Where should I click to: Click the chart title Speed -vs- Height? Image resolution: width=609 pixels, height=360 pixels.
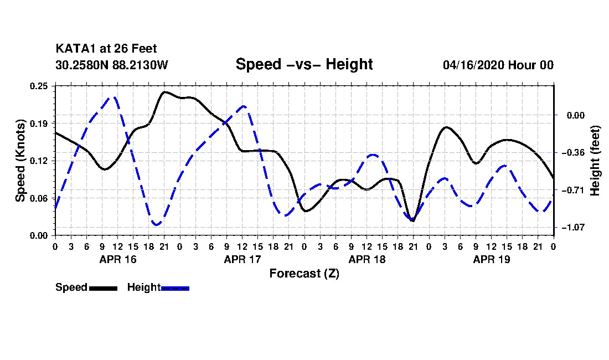[x=304, y=64]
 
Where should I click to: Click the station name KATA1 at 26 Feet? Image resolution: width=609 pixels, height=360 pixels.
[x=106, y=49]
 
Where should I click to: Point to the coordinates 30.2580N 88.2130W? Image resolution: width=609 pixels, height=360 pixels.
[x=111, y=65]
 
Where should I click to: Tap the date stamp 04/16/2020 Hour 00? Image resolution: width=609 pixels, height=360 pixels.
[x=498, y=65]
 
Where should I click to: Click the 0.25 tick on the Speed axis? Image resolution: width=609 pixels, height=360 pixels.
[x=38, y=86]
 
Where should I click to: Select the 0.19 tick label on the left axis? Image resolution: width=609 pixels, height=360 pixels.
[x=38, y=124]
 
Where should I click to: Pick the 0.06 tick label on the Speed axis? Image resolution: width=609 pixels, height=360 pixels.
[x=38, y=198]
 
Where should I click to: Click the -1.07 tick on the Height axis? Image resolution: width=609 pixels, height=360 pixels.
[x=573, y=227]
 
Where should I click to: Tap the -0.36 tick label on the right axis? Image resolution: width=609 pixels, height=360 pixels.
[x=573, y=153]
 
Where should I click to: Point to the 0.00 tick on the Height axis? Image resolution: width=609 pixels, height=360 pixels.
[x=576, y=115]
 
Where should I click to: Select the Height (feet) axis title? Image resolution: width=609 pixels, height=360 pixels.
[x=595, y=161]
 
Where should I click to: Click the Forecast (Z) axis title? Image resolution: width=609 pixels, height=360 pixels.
[x=304, y=274]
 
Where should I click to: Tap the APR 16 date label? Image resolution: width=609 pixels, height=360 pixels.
[x=118, y=259]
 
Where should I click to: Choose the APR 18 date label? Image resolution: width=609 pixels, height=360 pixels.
[x=367, y=259]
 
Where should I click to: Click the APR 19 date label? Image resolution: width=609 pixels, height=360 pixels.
[x=491, y=259]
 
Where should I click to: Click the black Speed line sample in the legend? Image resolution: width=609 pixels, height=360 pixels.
[x=103, y=288]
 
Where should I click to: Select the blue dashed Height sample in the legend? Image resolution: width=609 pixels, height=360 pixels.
[x=175, y=288]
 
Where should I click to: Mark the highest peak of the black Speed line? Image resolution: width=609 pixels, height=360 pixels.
[x=164, y=92]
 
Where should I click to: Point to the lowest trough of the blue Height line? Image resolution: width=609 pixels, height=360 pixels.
[x=157, y=224]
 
